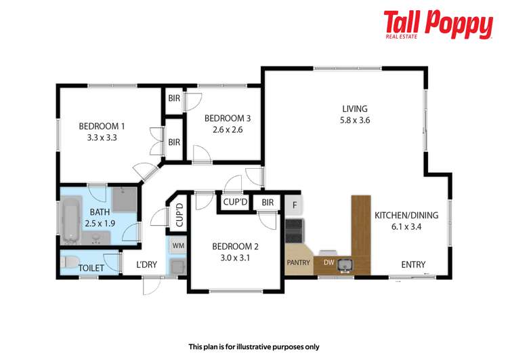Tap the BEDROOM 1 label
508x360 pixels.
(102, 125)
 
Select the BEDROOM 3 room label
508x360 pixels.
(228, 118)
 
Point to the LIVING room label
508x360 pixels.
(354, 108)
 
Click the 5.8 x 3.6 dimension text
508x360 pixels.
(354, 120)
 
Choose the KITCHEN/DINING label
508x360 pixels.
(406, 216)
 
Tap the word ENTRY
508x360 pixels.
(413, 264)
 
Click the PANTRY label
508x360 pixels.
(298, 263)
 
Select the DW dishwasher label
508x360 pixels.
(328, 263)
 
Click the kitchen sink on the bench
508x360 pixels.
(345, 264)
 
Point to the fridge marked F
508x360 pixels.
(294, 204)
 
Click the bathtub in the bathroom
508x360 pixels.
(70, 220)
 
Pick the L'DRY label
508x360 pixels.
(146, 265)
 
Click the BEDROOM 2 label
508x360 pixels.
(234, 246)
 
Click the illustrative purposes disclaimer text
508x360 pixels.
(253, 346)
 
